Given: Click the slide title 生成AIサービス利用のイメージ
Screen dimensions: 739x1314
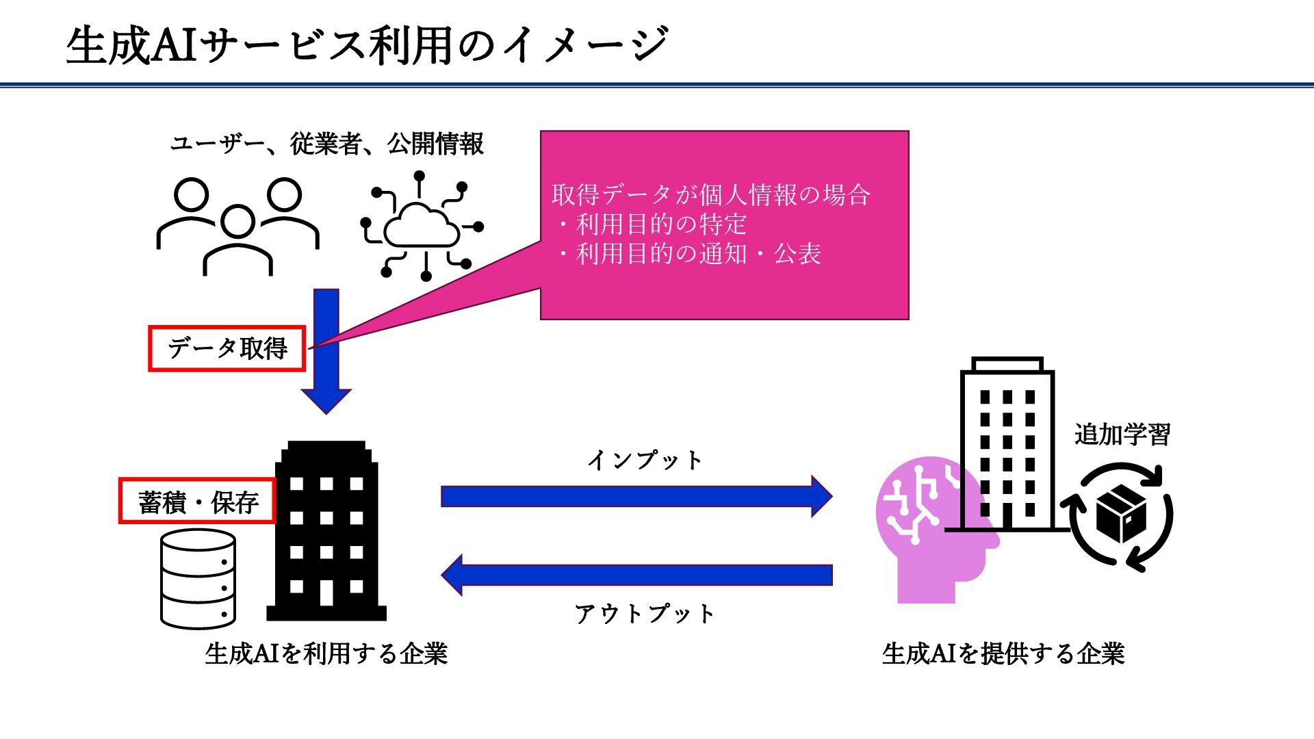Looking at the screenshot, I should (367, 45).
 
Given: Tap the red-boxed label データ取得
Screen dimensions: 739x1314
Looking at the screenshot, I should (227, 349).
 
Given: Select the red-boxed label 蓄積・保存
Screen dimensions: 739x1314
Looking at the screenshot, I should (198, 502).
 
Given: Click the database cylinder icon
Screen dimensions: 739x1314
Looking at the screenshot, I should (198, 580).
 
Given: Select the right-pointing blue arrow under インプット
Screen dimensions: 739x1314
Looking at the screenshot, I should (636, 496).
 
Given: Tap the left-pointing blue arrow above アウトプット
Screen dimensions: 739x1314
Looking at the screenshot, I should (636, 575).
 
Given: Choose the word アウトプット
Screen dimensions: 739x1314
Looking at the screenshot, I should (645, 614).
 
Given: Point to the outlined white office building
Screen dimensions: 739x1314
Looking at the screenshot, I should (1007, 445).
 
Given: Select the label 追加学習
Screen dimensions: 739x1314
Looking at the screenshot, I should (1122, 435).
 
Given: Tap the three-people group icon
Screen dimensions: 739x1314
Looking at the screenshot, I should (237, 226).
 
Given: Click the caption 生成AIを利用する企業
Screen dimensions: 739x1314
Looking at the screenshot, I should (326, 654).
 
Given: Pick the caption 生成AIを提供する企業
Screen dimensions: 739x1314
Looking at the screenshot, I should (1003, 654).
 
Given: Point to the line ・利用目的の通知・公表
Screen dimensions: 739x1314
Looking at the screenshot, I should (690, 254).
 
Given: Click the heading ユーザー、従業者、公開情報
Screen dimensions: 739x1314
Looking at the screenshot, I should (326, 144).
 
